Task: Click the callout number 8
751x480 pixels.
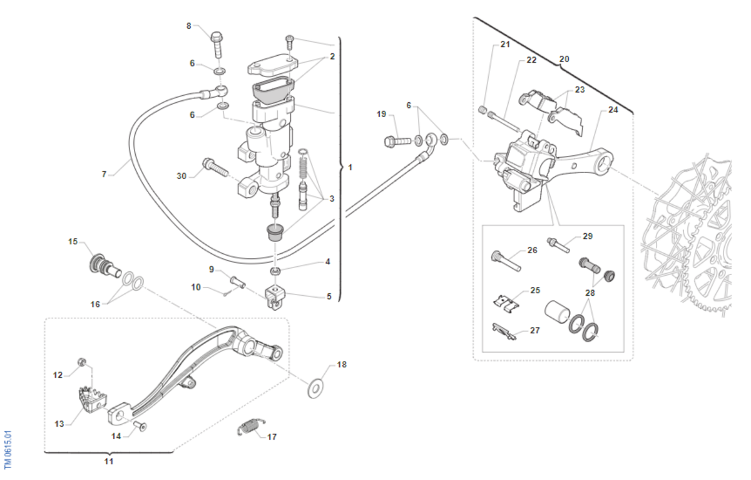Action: click(189, 26)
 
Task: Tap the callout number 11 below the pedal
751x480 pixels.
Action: click(109, 462)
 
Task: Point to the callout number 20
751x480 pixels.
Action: click(564, 59)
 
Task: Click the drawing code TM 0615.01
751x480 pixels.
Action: click(8, 449)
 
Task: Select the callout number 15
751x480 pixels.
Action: click(73, 241)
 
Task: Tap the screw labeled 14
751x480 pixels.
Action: click(140, 427)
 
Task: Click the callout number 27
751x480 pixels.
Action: click(534, 330)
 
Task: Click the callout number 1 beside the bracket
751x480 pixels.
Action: click(350, 168)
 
